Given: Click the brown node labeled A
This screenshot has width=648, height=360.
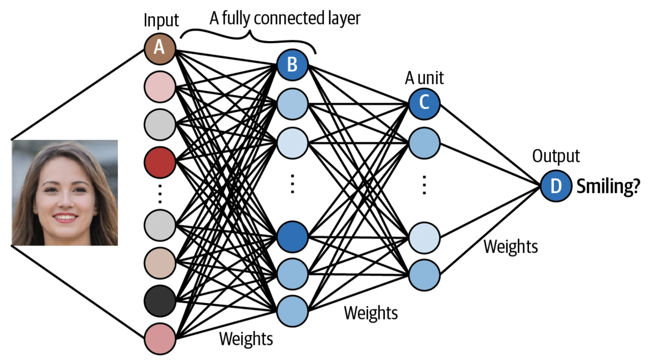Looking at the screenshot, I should (159, 48).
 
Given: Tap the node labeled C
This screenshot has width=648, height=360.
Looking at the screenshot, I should (424, 103).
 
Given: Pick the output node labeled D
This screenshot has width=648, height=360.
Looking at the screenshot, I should (556, 186).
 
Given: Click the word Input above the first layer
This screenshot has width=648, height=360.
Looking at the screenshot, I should (161, 21).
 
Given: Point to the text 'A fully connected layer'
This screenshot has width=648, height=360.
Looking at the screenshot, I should (285, 18).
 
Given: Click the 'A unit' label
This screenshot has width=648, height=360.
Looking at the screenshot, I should (424, 78).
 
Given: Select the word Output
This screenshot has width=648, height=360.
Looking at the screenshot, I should (556, 156).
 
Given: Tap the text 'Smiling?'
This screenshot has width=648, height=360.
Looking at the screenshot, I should (608, 186).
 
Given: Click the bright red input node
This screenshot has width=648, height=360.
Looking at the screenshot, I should (159, 162).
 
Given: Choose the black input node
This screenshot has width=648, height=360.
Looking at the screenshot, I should (159, 301).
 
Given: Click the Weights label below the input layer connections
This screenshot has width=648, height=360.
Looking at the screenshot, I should (246, 338).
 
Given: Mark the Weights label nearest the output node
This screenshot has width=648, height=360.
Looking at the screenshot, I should (510, 247).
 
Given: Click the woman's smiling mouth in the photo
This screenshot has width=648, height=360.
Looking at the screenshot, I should (65, 218).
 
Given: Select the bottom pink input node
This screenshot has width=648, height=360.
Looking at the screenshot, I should (159, 338).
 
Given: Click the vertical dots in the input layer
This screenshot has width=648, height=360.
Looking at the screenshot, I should (159, 193).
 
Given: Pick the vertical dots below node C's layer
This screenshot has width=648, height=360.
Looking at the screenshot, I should (424, 185).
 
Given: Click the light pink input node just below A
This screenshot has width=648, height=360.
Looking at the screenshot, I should (159, 86).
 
